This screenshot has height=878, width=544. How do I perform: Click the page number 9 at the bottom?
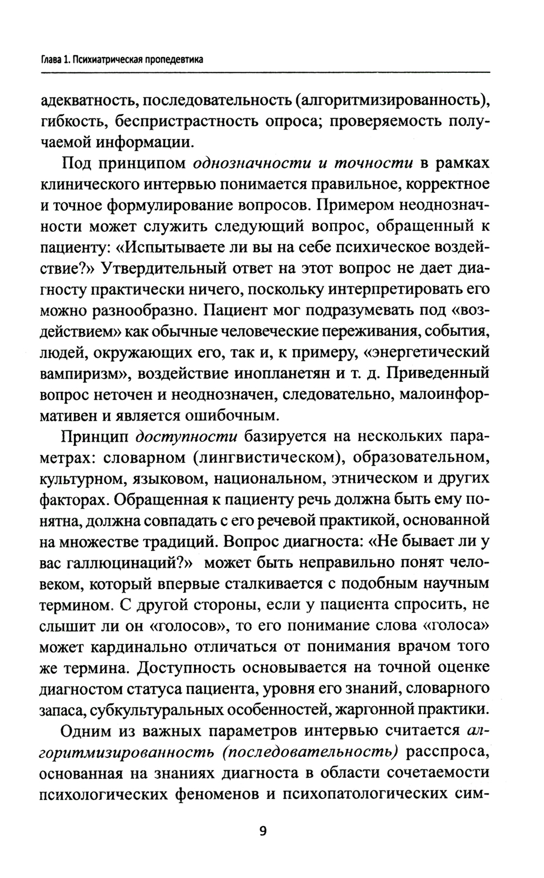tap(263, 832)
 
